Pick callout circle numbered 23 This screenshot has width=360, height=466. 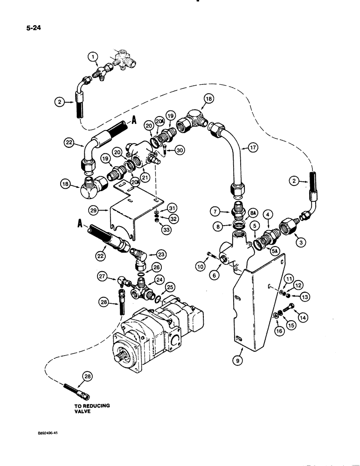coord(161,254)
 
